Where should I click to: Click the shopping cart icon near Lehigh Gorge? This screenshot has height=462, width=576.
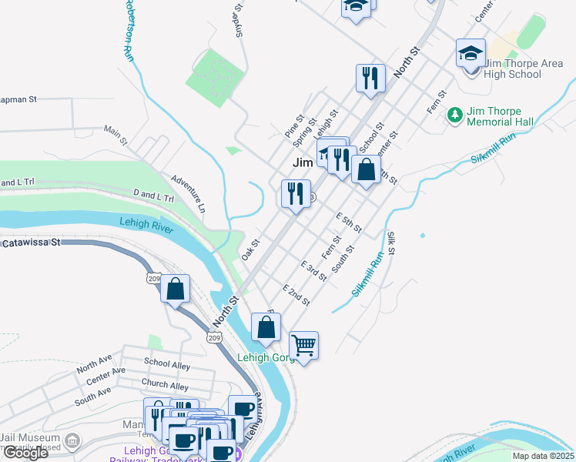point(304,346)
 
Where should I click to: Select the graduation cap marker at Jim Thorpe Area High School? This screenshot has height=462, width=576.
point(471,53)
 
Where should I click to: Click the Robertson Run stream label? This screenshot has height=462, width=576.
point(126,28)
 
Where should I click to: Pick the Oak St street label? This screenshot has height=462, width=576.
point(250,249)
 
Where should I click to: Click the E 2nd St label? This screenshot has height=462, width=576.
point(296,295)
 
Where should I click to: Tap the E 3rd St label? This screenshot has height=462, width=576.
point(313,271)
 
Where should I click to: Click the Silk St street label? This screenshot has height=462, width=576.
point(391,243)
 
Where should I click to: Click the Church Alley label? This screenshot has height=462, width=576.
point(165,385)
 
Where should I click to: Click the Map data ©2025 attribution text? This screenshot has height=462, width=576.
point(542,456)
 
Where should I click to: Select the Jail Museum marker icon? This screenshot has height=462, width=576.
point(72,441)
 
